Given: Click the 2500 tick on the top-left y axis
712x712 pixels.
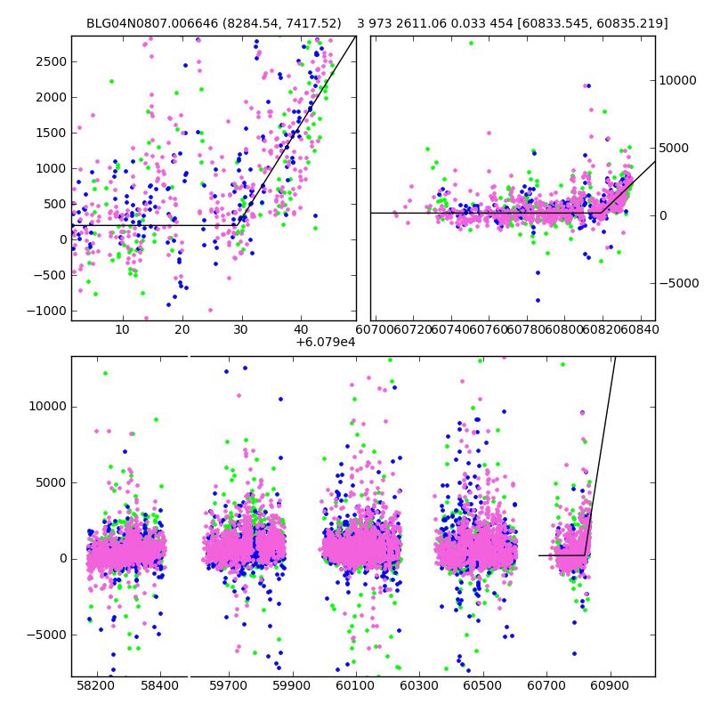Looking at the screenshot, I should click(x=50, y=61).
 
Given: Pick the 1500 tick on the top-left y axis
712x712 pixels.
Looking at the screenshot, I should click(x=50, y=133).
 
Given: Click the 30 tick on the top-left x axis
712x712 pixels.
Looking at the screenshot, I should click(x=241, y=330).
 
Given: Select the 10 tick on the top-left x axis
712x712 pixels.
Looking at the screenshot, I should click(x=123, y=330).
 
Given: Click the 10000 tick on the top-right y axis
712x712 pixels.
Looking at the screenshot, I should click(x=678, y=80).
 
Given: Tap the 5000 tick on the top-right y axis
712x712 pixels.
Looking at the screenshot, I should click(x=675, y=148).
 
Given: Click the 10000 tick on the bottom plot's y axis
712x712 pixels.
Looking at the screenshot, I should click(x=48, y=406).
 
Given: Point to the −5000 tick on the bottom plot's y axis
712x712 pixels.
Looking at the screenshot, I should click(x=48, y=635).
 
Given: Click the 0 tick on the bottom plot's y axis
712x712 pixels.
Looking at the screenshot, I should click(x=62, y=559).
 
